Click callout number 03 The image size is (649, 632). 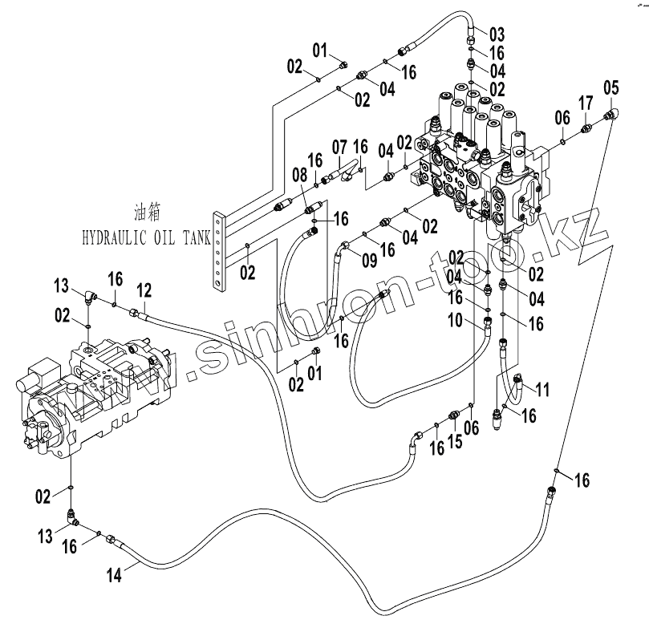click(x=497, y=34)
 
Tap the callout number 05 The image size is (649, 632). click(x=611, y=87)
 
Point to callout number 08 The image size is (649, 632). click(x=299, y=173)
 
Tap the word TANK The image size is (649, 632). click(x=194, y=237)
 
